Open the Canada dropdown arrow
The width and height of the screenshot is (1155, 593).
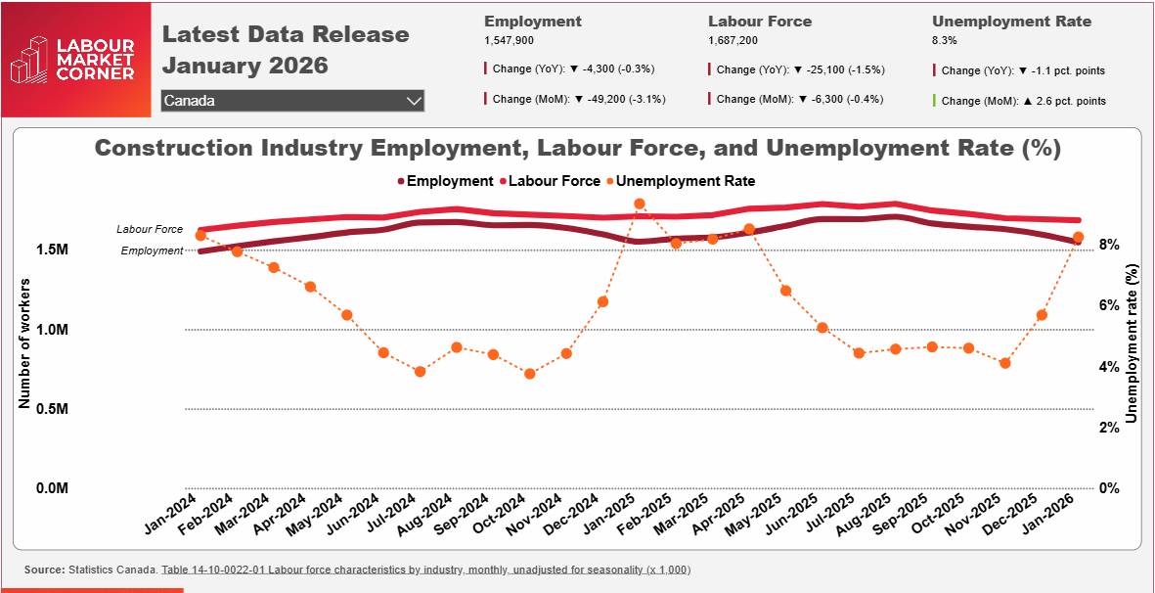pyautogui.click(x=414, y=101)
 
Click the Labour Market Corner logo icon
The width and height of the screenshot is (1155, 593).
pyautogui.click(x=29, y=60)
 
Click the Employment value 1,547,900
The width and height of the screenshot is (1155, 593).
pyautogui.click(x=509, y=41)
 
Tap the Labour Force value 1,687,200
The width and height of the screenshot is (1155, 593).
pyautogui.click(x=733, y=41)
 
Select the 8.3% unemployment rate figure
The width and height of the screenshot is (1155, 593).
pyautogui.click(x=945, y=41)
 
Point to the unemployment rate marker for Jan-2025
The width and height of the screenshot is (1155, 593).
pyautogui.click(x=640, y=204)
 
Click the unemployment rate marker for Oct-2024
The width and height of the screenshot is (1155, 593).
pyautogui.click(x=530, y=374)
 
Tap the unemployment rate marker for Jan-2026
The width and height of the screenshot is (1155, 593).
pyautogui.click(x=1078, y=237)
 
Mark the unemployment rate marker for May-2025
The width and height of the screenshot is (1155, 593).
pyautogui.click(x=786, y=291)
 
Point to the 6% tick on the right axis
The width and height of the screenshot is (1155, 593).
pyautogui.click(x=1108, y=305)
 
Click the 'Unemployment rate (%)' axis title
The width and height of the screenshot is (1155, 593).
pyautogui.click(x=1132, y=342)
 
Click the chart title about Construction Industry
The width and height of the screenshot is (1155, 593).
pyautogui.click(x=577, y=149)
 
